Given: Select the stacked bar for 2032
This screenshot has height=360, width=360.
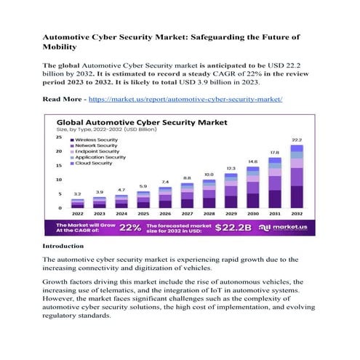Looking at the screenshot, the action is tap(297, 179).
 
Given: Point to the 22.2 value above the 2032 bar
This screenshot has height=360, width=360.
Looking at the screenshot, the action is tap(297, 139).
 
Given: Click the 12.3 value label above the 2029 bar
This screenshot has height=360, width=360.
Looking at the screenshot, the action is tap(231, 167).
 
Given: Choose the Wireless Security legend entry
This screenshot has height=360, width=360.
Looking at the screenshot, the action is tap(95, 139).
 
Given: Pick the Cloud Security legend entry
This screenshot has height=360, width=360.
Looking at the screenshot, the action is tap(92, 163).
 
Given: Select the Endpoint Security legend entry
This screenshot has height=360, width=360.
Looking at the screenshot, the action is tap(95, 151).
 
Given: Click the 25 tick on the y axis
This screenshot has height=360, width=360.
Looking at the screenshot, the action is tap(59, 137).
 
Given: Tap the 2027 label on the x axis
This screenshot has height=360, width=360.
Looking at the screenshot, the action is tap(186, 214).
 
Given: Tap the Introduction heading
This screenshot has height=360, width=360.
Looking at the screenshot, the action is tap(63, 247).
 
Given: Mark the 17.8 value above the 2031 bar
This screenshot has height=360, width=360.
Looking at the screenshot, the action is tap(275, 153).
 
